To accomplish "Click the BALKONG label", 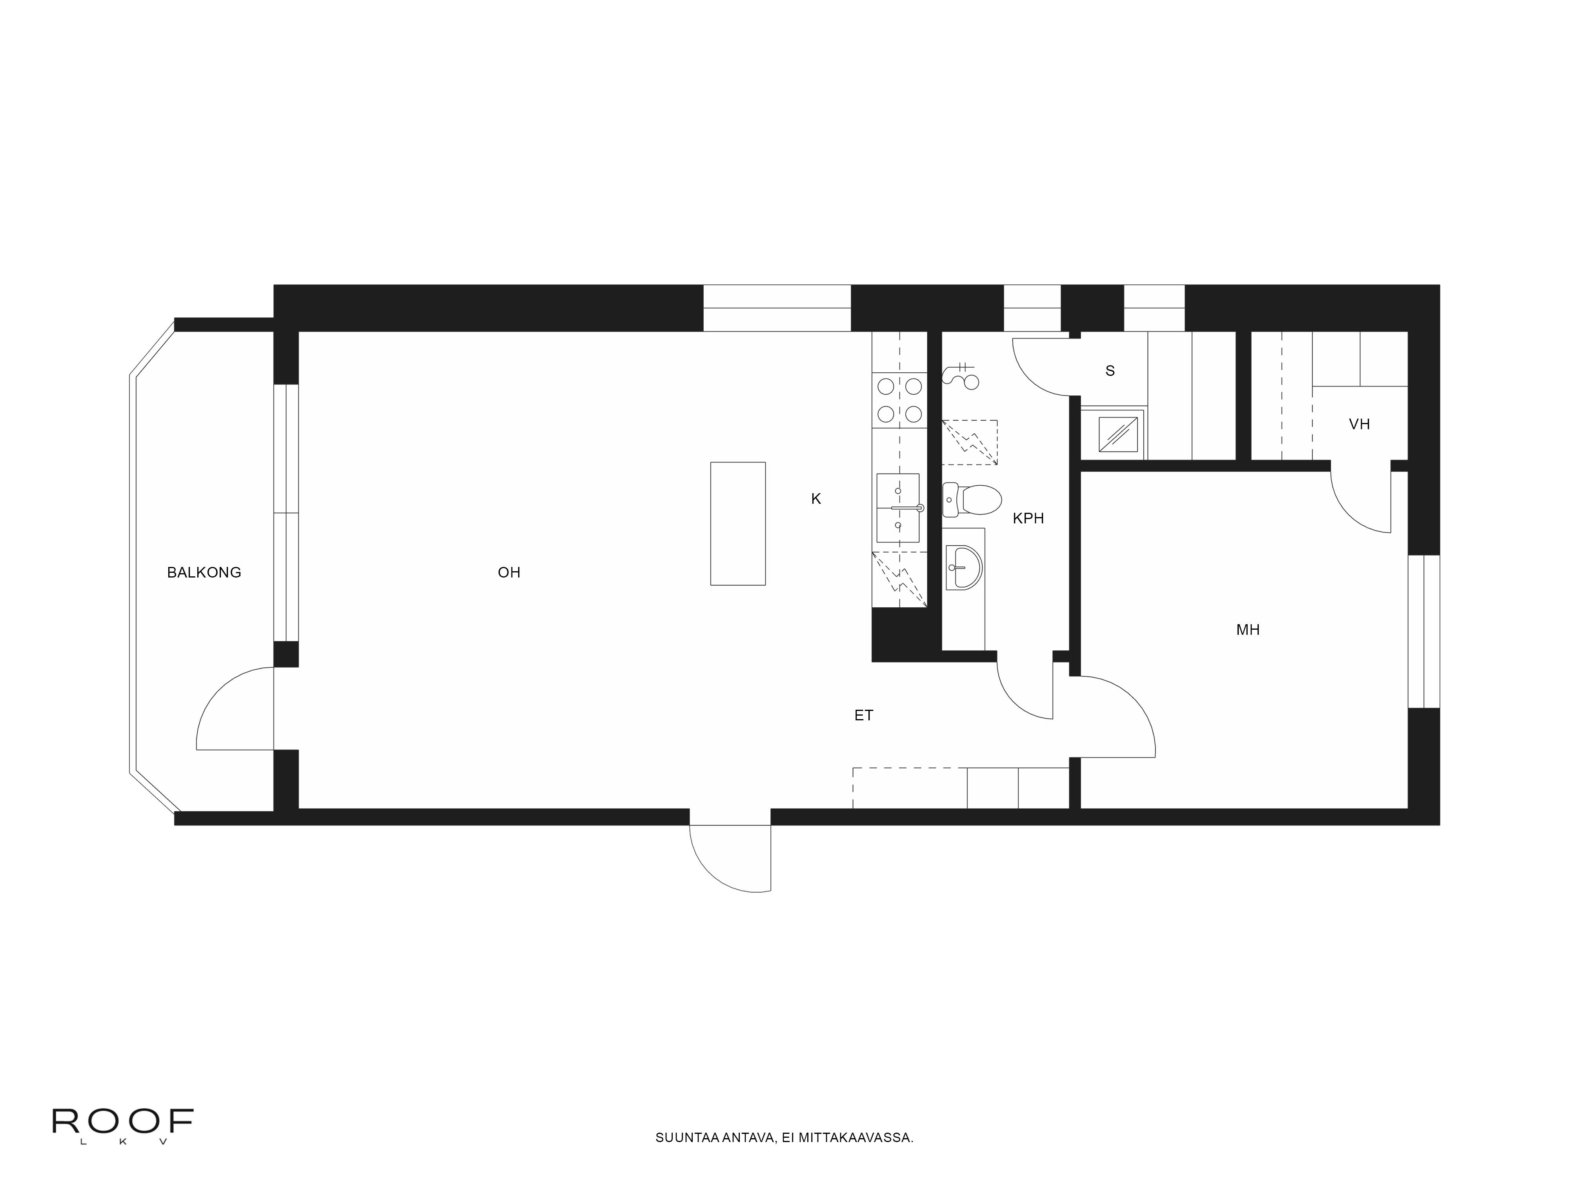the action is click(x=204, y=572).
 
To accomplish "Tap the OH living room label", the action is click(x=509, y=572).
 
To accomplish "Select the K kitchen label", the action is click(x=816, y=499).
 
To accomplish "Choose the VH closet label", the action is click(x=1359, y=424).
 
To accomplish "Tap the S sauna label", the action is click(x=1110, y=370).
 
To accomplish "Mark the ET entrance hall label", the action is click(x=863, y=715).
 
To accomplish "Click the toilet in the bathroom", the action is click(x=971, y=499).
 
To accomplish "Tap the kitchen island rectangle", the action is click(x=738, y=524).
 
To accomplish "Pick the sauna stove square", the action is click(x=1118, y=434).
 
